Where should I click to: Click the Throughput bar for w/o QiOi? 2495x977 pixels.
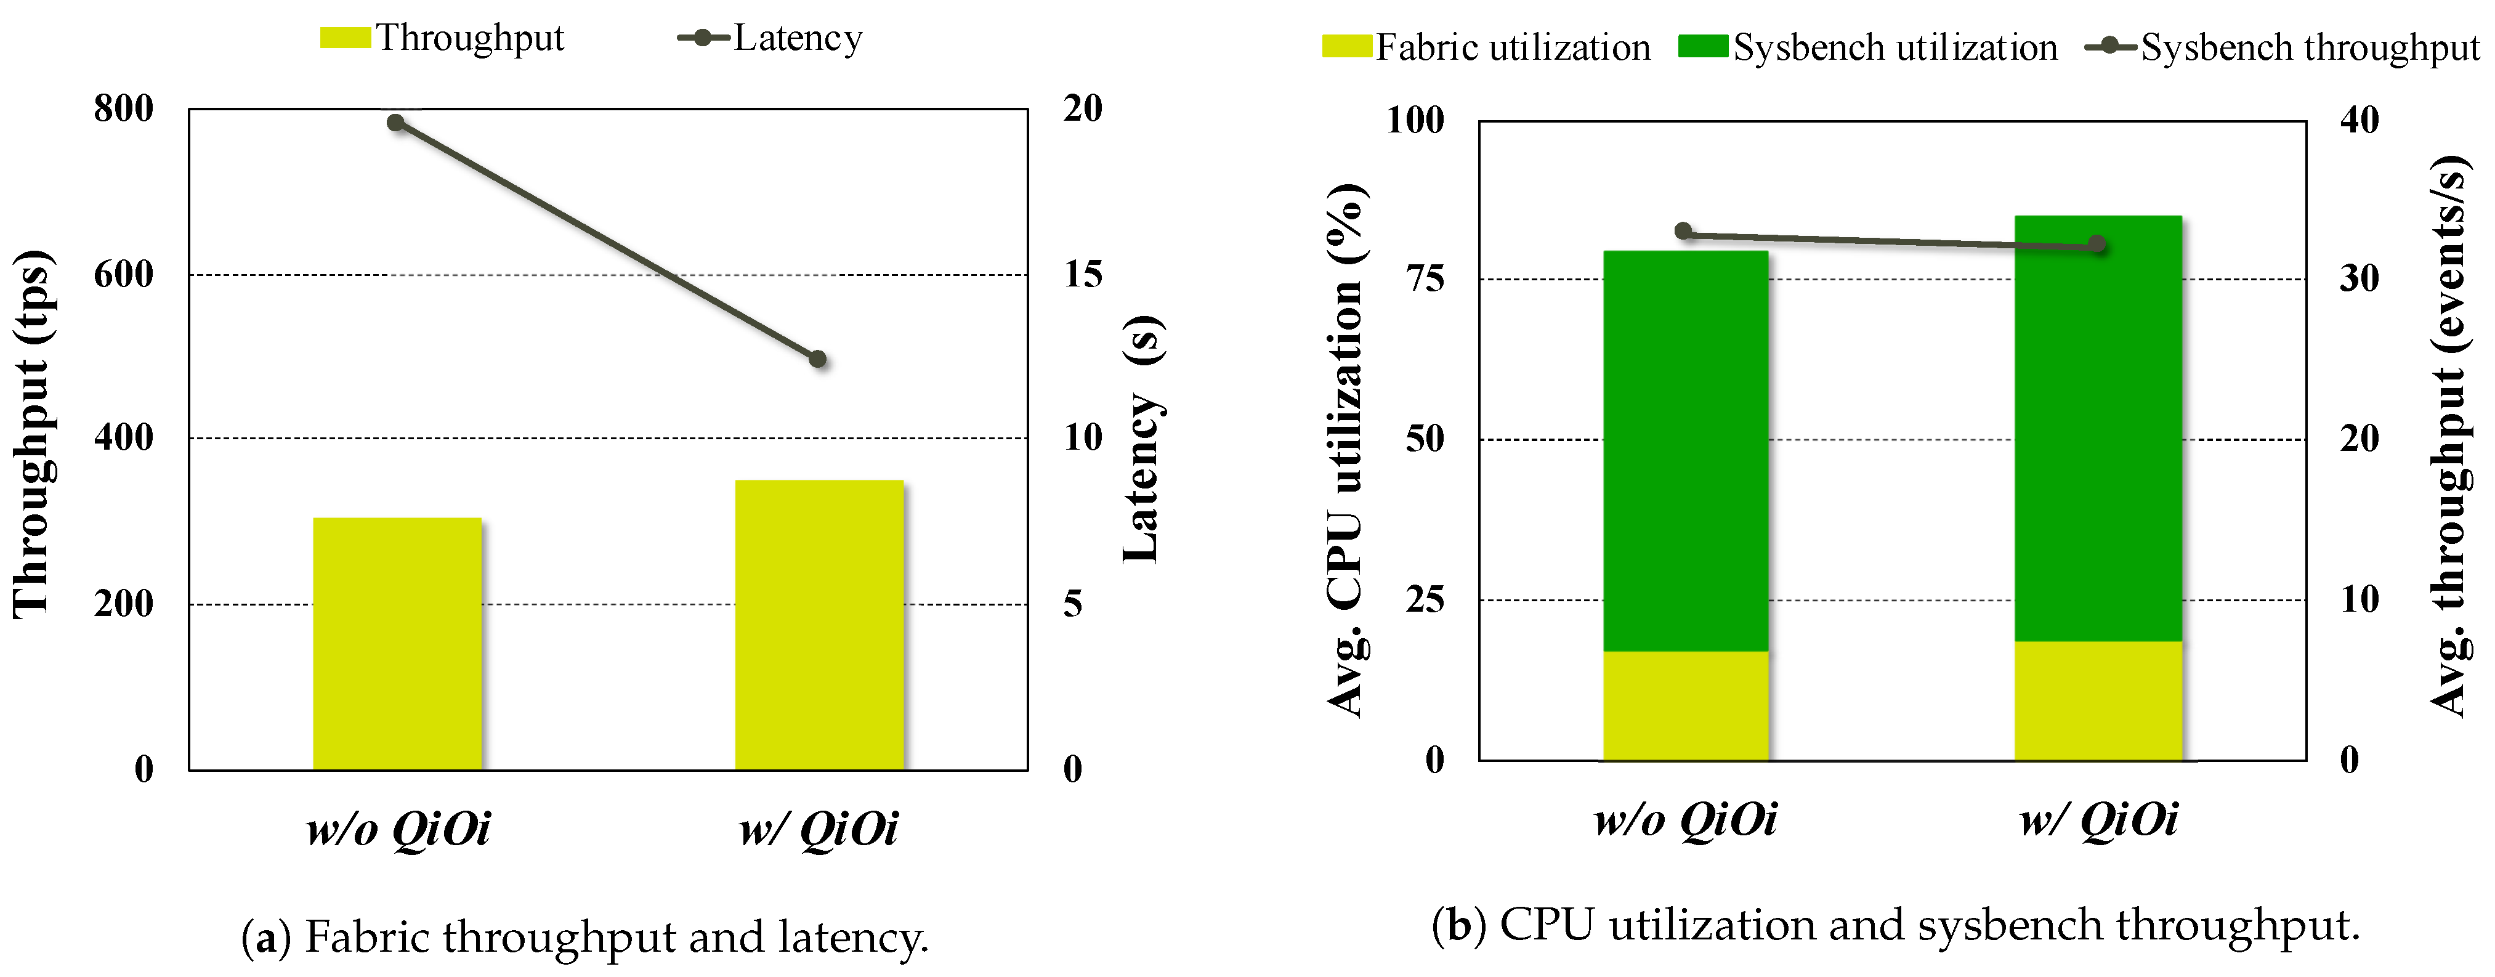397,644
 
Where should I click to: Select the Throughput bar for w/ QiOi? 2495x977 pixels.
819,625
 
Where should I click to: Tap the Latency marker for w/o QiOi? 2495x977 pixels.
395,123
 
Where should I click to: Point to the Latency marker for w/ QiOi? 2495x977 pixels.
817,359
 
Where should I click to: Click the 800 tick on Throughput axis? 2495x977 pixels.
123,108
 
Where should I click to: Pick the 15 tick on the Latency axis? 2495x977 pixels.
1083,275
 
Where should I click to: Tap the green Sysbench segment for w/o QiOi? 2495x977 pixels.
1685,450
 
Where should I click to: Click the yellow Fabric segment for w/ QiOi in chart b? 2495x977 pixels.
2098,700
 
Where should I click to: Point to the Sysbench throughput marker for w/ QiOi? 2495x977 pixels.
2098,244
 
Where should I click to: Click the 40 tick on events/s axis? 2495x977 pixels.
2360,120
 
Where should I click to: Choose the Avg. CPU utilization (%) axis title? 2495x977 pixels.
1346,450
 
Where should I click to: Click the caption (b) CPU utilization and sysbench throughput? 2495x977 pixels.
1896,926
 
